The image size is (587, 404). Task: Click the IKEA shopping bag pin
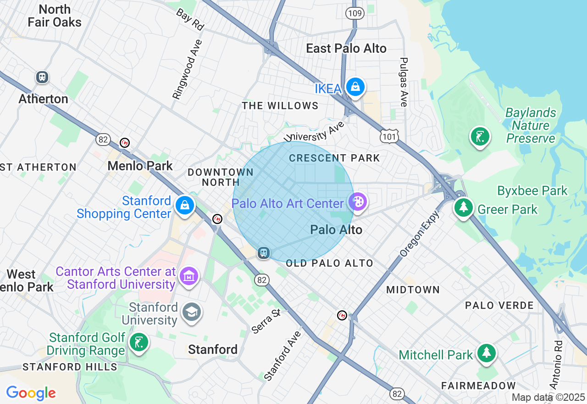coord(354,86)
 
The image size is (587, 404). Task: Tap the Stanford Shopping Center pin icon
coord(184,206)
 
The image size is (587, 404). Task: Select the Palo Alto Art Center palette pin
coord(357,201)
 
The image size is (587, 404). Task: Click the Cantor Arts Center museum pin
coord(189,276)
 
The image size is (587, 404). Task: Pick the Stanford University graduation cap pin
coord(191,312)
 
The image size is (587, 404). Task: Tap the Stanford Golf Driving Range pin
coord(138,342)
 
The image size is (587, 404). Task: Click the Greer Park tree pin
coord(464,207)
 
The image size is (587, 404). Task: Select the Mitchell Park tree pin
coord(486,353)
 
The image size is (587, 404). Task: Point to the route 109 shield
coord(355,13)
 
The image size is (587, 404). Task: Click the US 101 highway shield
coord(389,136)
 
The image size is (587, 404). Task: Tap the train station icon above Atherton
coord(42,77)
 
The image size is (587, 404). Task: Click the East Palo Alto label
coord(346,49)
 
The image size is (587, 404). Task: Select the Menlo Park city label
coord(140,166)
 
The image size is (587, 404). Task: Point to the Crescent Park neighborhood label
coord(334,158)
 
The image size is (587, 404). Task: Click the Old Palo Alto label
coord(329,264)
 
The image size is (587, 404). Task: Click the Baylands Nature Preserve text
coord(531,125)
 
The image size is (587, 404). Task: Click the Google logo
coord(31,393)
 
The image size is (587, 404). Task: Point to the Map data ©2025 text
coord(548,397)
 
